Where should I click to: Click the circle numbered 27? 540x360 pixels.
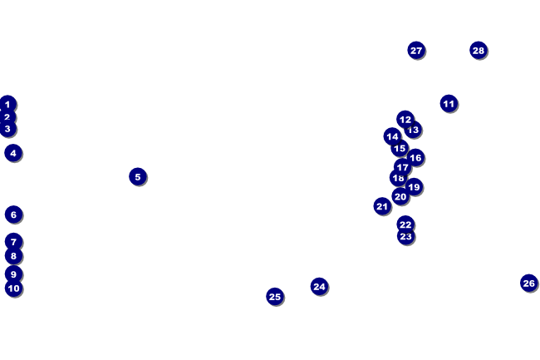click(416, 50)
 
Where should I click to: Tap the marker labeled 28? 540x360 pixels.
click(478, 50)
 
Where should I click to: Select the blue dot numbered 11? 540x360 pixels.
click(449, 104)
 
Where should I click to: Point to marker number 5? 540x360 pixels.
click(138, 176)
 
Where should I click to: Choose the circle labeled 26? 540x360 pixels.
click(528, 283)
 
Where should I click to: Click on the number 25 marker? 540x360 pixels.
click(275, 296)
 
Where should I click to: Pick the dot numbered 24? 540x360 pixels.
click(319, 286)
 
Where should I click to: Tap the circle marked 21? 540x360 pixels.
click(382, 206)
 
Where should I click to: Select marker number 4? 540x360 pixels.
click(12, 153)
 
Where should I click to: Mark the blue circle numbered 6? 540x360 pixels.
click(13, 214)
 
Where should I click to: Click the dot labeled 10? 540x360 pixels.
click(13, 288)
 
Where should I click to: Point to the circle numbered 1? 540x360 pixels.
click(7, 104)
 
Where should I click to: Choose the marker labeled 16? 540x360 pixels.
click(415, 157)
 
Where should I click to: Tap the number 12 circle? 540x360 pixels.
click(405, 119)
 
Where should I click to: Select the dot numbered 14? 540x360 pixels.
click(392, 136)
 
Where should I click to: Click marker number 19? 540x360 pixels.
click(414, 187)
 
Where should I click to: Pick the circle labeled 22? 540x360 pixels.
click(405, 224)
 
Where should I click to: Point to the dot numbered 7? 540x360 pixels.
click(13, 241)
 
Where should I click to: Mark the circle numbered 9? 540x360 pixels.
click(13, 274)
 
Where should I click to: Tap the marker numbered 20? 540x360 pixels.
click(400, 197)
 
